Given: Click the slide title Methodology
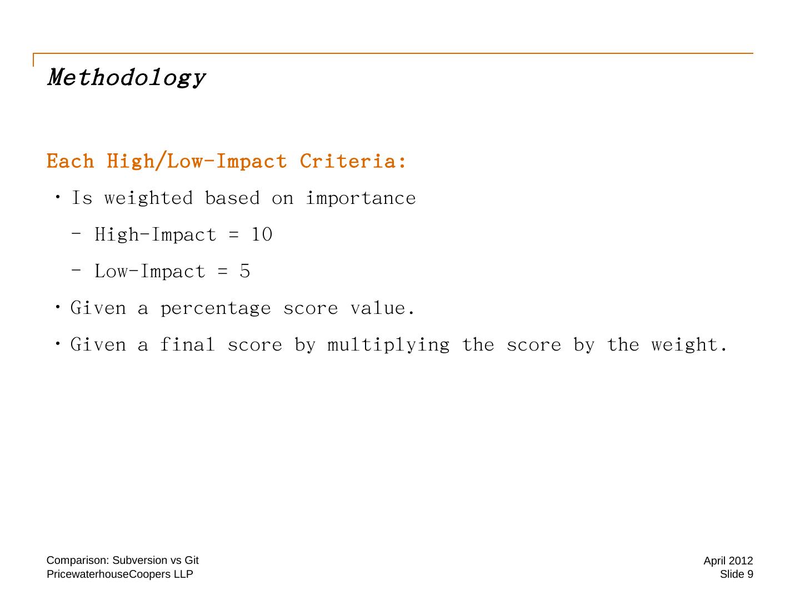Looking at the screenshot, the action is (x=127, y=78).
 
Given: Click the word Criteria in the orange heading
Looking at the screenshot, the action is (x=348, y=161).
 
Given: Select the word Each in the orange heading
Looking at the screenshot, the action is (x=71, y=161).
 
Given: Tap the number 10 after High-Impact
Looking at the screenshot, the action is (x=262, y=234).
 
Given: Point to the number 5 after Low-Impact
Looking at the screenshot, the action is (x=245, y=271).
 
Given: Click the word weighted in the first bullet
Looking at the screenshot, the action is (x=149, y=198).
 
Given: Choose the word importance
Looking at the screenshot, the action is (x=361, y=198).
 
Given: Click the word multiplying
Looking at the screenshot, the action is (x=388, y=345).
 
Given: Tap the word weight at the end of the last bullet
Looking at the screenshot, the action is (x=684, y=345).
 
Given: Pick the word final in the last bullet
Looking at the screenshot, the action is (x=187, y=344).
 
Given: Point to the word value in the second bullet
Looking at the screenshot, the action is (x=378, y=308).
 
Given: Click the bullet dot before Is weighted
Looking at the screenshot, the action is (x=58, y=197).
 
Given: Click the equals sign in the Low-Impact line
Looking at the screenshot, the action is (x=223, y=272).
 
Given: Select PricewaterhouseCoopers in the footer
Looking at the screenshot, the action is (x=109, y=574).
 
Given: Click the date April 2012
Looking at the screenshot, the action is (x=728, y=561).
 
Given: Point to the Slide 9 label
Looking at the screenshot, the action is (x=736, y=574).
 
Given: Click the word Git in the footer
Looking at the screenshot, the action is (x=191, y=560).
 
